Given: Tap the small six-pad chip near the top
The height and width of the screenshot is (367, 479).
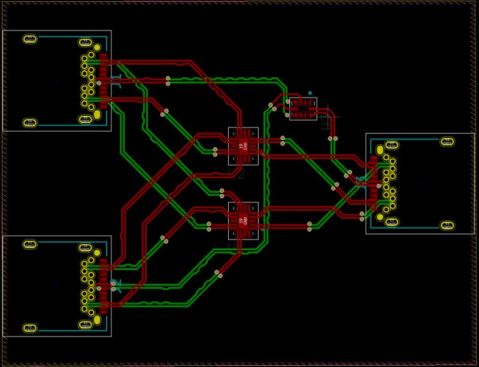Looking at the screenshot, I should [303, 108].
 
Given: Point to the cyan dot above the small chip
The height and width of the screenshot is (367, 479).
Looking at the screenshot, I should [310, 93].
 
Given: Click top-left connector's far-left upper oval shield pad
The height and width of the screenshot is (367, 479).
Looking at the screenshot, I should [29, 39].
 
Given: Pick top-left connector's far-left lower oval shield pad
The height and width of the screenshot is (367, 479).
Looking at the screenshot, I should [29, 123].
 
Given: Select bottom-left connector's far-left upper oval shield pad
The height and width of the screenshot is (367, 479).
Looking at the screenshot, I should [29, 244].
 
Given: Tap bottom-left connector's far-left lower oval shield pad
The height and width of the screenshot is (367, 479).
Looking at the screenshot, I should [29, 328].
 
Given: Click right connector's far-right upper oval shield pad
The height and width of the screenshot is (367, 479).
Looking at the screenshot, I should [447, 141].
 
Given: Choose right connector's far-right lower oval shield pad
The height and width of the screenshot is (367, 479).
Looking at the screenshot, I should [447, 225].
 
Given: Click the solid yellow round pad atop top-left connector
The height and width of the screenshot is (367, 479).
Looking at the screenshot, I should [97, 47].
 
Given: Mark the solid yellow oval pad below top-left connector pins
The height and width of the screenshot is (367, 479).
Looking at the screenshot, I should [97, 114].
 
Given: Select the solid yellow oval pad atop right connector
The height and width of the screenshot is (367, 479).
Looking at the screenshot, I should [380, 150].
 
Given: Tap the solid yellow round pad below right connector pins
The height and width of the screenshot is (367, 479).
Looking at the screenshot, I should [380, 217].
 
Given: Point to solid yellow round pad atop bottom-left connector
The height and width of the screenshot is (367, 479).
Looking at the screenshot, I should [97, 253].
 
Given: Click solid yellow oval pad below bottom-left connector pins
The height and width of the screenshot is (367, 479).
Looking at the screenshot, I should [97, 320].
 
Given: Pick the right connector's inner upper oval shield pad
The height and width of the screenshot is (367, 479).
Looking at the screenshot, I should [392, 145].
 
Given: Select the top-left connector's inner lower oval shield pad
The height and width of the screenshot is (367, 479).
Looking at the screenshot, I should [85, 119].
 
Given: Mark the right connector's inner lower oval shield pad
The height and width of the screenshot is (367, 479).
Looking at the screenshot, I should [392, 222].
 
